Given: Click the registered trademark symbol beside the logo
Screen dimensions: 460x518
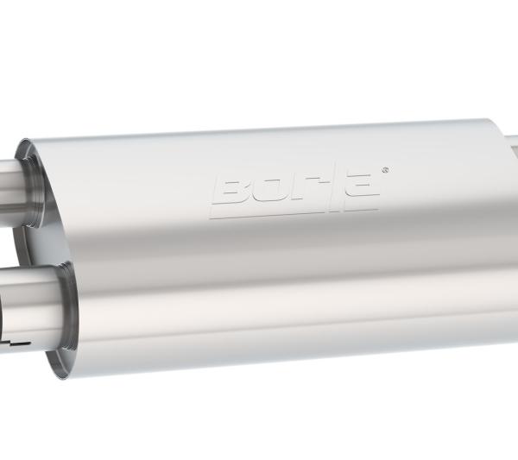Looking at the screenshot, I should tap(384, 170).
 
